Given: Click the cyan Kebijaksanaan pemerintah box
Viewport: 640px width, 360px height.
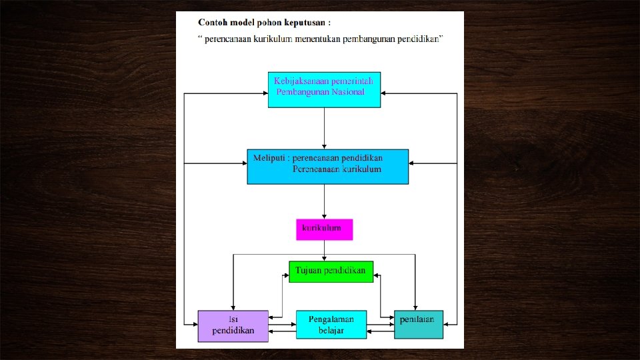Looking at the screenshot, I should (324, 89).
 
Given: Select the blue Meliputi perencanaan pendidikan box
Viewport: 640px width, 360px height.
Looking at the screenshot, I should (327, 166).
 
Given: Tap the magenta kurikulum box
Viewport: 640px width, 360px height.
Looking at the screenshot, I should (324, 229).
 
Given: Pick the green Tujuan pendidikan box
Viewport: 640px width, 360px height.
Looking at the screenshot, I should (331, 271).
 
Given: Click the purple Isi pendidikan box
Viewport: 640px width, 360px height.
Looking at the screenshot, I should (233, 325).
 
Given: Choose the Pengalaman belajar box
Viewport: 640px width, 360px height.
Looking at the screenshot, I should (331, 325).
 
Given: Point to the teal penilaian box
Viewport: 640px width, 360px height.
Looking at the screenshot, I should (418, 325).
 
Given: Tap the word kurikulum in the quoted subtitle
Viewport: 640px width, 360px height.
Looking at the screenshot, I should (271, 39).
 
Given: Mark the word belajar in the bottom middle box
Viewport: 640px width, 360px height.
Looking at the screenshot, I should (331, 331).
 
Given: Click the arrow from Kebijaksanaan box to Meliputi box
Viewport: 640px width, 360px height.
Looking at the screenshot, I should (324, 128).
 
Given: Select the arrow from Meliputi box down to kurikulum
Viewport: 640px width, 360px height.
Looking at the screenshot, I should (324, 201).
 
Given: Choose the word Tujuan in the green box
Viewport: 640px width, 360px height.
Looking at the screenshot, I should (309, 271).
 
